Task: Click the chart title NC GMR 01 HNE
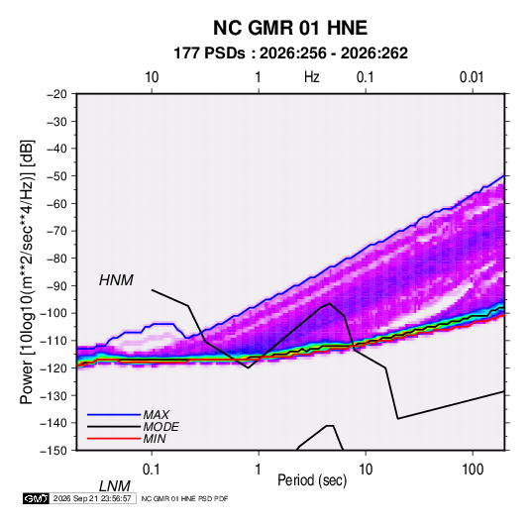[290, 28]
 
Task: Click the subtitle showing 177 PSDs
[290, 53]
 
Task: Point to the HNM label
[116, 280]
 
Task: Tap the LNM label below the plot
[115, 486]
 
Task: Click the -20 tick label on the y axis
[56, 94]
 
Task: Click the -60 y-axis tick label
[56, 203]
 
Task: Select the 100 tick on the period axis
[473, 470]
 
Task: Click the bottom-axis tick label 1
[259, 470]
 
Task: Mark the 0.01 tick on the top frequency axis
[472, 77]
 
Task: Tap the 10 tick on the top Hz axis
[152, 77]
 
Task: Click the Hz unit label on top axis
[312, 77]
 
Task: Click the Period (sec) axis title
[312, 480]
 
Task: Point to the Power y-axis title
[27, 272]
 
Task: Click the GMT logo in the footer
[36, 498]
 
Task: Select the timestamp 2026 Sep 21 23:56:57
[92, 498]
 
